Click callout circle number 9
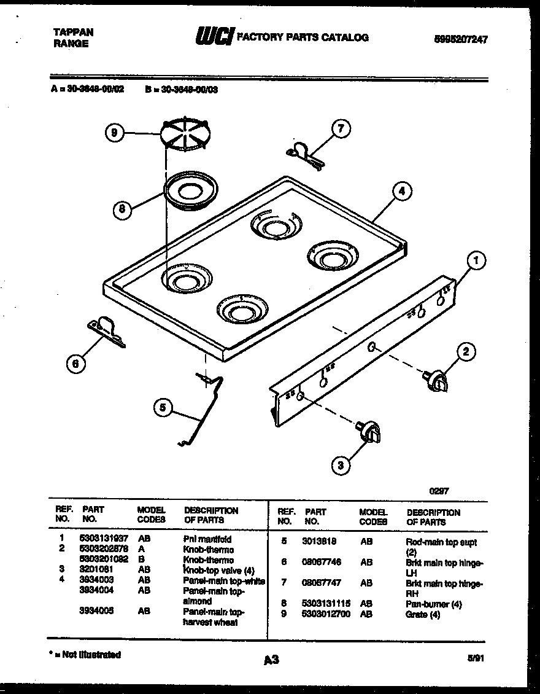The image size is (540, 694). pyautogui.click(x=115, y=133)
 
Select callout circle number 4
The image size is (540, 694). pyautogui.click(x=401, y=191)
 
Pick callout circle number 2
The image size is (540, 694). pyautogui.click(x=466, y=352)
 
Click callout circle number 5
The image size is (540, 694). pyautogui.click(x=163, y=407)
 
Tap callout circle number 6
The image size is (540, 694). pyautogui.click(x=75, y=364)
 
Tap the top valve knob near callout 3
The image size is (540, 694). pyautogui.click(x=368, y=430)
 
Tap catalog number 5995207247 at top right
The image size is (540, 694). pyautogui.click(x=461, y=39)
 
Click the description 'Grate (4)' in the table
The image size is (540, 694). pyautogui.click(x=423, y=614)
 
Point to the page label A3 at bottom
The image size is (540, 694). pyautogui.click(x=271, y=660)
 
